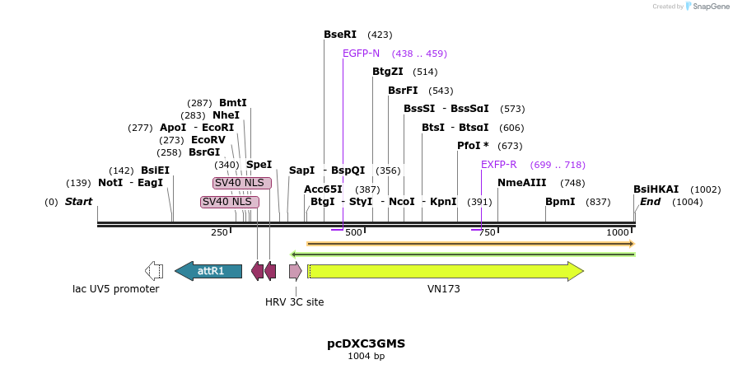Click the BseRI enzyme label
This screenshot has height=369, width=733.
[340, 35]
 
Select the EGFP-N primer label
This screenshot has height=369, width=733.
[361, 54]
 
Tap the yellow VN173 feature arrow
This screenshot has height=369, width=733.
[445, 271]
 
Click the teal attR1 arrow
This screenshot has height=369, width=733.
[209, 271]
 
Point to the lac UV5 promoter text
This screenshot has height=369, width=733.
[116, 289]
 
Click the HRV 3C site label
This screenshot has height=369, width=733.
[295, 302]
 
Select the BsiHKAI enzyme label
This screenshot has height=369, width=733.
[656, 189]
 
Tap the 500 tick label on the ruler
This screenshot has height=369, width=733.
[353, 233]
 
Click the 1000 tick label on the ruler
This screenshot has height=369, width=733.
[618, 233]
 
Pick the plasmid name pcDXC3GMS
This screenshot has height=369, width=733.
[366, 343]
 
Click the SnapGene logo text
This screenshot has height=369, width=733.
[708, 7]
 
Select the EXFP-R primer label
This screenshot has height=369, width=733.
[499, 165]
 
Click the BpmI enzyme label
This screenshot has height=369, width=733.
[560, 202]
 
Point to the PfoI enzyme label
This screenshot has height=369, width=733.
[473, 146]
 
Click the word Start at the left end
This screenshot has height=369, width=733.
[78, 202]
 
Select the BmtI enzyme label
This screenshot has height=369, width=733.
[232, 103]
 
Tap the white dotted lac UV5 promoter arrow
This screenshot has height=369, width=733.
[154, 271]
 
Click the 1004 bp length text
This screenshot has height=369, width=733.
[366, 357]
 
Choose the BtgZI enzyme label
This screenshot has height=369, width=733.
[388, 72]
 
